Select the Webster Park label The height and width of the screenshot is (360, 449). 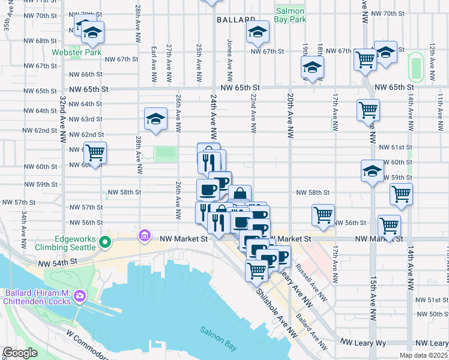click(76, 52)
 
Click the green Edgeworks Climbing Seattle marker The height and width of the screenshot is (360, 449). click(105, 243)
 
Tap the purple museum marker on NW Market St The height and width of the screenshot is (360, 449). click(144, 235)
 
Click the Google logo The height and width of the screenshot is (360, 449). click(20, 353)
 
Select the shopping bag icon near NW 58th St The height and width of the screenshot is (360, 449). click(240, 194)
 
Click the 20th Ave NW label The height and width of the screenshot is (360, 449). click(290, 114)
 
